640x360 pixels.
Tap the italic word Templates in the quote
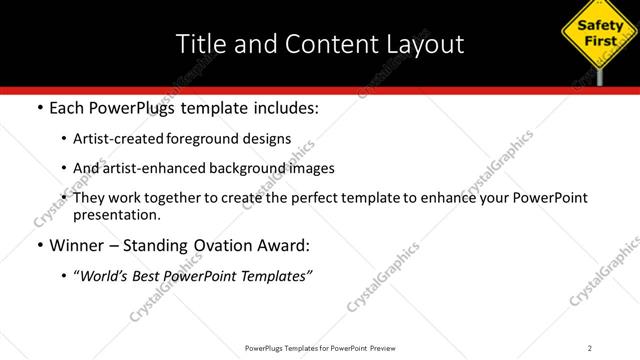(276, 275)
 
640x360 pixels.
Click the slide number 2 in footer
(590, 348)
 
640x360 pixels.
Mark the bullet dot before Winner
(39, 245)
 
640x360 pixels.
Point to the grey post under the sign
(599, 76)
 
